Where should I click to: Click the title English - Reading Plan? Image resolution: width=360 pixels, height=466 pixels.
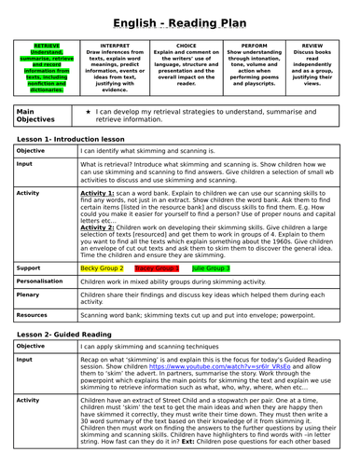(180, 21)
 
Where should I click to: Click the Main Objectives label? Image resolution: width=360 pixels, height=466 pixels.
(35, 115)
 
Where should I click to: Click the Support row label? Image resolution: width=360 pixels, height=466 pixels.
(29, 267)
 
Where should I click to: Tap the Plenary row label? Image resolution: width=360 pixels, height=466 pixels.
(29, 294)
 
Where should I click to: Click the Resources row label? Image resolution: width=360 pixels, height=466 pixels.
(34, 315)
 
